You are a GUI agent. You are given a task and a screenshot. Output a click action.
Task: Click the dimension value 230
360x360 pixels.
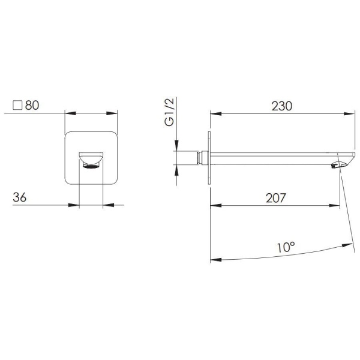[x=282, y=106]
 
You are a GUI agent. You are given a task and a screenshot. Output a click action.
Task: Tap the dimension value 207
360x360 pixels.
[x=276, y=198]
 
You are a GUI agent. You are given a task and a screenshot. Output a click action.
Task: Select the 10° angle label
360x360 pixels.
[x=286, y=247]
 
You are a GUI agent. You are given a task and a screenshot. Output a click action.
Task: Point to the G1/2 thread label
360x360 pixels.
[x=169, y=112]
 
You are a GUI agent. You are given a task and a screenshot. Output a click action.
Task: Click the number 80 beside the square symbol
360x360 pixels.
[x=32, y=106]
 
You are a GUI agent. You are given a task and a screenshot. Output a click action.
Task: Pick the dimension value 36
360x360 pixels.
[x=20, y=197]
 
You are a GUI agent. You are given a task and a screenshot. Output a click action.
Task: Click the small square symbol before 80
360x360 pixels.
[x=17, y=106]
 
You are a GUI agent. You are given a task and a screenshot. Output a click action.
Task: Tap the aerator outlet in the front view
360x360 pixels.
[x=91, y=166]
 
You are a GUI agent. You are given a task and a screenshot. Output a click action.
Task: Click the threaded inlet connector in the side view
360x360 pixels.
[x=199, y=158]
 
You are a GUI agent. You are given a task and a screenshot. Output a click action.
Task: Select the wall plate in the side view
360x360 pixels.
[x=209, y=158]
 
